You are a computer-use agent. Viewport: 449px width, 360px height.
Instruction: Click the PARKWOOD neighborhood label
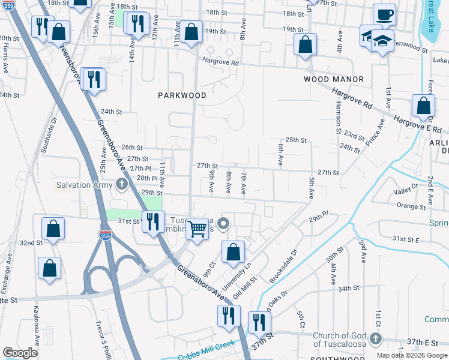tap(182, 95)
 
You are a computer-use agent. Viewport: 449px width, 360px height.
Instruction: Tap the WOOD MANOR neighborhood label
tap(334, 79)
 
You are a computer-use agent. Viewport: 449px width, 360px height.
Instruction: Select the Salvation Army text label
tap(84, 185)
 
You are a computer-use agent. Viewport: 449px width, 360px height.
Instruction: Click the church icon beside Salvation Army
tap(122, 184)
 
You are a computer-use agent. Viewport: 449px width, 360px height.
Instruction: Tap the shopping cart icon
tap(197, 228)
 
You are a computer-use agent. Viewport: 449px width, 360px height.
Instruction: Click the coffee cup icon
tap(384, 14)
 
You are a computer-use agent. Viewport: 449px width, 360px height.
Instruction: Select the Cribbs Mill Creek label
tap(205, 354)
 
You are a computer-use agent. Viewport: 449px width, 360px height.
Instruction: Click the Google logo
tap(20, 353)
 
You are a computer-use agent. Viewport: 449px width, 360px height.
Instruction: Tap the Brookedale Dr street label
tap(284, 266)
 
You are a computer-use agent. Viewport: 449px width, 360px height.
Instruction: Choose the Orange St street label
tap(411, 206)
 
